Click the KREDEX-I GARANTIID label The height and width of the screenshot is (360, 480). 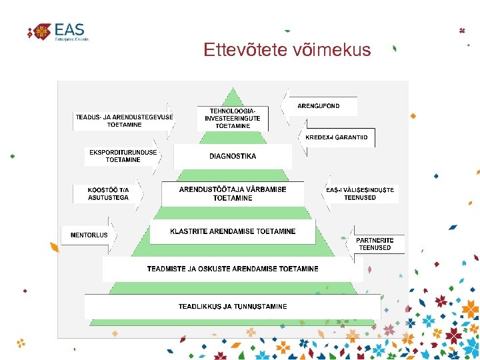coord(336,137)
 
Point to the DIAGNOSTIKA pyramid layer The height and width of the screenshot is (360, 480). coord(233,157)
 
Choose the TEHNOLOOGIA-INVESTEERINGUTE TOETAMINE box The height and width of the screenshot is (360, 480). coord(233,118)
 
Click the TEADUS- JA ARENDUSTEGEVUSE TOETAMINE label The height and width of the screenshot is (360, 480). coord(124,121)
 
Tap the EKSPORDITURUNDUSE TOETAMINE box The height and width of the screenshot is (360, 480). coord(123,156)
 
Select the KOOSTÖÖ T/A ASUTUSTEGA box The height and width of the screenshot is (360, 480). coord(108,193)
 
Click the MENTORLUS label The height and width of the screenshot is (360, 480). coord(89,235)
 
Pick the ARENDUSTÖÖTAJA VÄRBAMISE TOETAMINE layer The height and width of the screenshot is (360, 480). coord(233,193)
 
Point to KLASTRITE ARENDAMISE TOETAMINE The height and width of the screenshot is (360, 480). coord(233,231)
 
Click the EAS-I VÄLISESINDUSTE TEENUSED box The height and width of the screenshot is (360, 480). coord(360,193)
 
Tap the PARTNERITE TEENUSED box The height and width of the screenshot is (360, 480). coord(375,244)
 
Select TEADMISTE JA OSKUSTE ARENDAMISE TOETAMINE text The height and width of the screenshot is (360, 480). coord(233,269)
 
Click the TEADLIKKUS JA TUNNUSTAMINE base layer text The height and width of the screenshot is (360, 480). coord(233,307)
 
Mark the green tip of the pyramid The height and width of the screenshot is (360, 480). coord(233,95)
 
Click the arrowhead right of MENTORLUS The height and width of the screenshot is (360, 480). coord(114,235)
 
